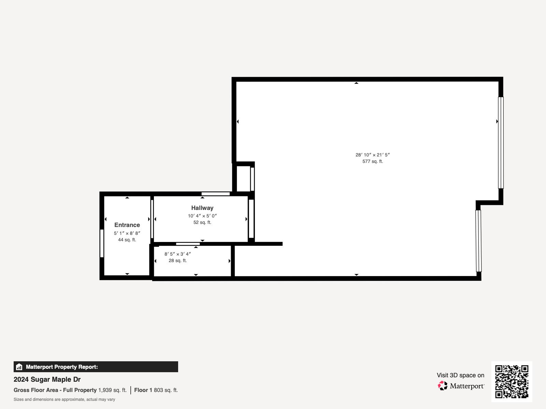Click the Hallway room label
(202, 208)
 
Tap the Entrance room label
(127, 225)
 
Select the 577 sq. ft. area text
(373, 162)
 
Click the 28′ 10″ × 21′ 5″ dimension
(373, 155)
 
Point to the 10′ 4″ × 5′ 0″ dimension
(202, 216)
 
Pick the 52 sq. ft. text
(202, 223)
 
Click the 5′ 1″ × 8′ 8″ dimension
(127, 233)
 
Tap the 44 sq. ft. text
(127, 240)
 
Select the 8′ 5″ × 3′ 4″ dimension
(177, 254)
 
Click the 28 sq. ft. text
(177, 261)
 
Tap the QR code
(512, 381)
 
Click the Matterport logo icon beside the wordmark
(443, 386)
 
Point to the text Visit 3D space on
(460, 375)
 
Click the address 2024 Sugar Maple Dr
(47, 379)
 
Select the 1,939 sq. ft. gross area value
(112, 390)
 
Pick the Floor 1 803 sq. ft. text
(156, 390)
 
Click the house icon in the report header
(19, 367)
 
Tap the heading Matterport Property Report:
(62, 367)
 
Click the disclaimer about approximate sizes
(64, 399)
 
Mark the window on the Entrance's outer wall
(102, 243)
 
